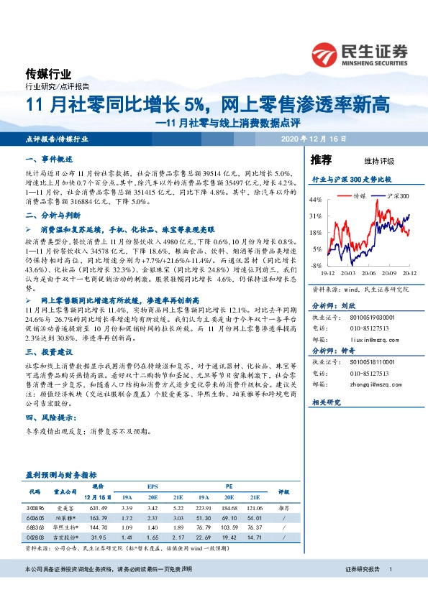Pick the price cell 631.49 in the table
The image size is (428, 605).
click(97, 507)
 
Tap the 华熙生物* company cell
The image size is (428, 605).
click(65, 526)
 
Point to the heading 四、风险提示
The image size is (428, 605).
click(50, 417)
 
